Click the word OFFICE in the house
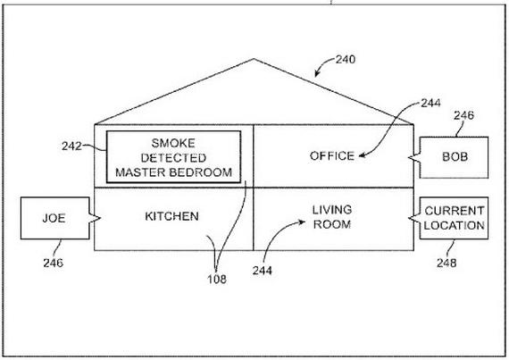332,156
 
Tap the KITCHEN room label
171,216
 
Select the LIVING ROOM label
332,217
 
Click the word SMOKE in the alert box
173,143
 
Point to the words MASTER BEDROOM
173,172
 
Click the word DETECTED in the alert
173,158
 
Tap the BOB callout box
453,157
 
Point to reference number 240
346,60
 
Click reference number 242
71,147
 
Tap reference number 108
217,280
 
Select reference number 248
446,263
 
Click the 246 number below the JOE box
54,263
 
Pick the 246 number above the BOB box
463,115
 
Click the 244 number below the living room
263,271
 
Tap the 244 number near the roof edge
430,104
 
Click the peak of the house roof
254,59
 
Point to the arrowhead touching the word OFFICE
362,155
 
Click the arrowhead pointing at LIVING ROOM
302,222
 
